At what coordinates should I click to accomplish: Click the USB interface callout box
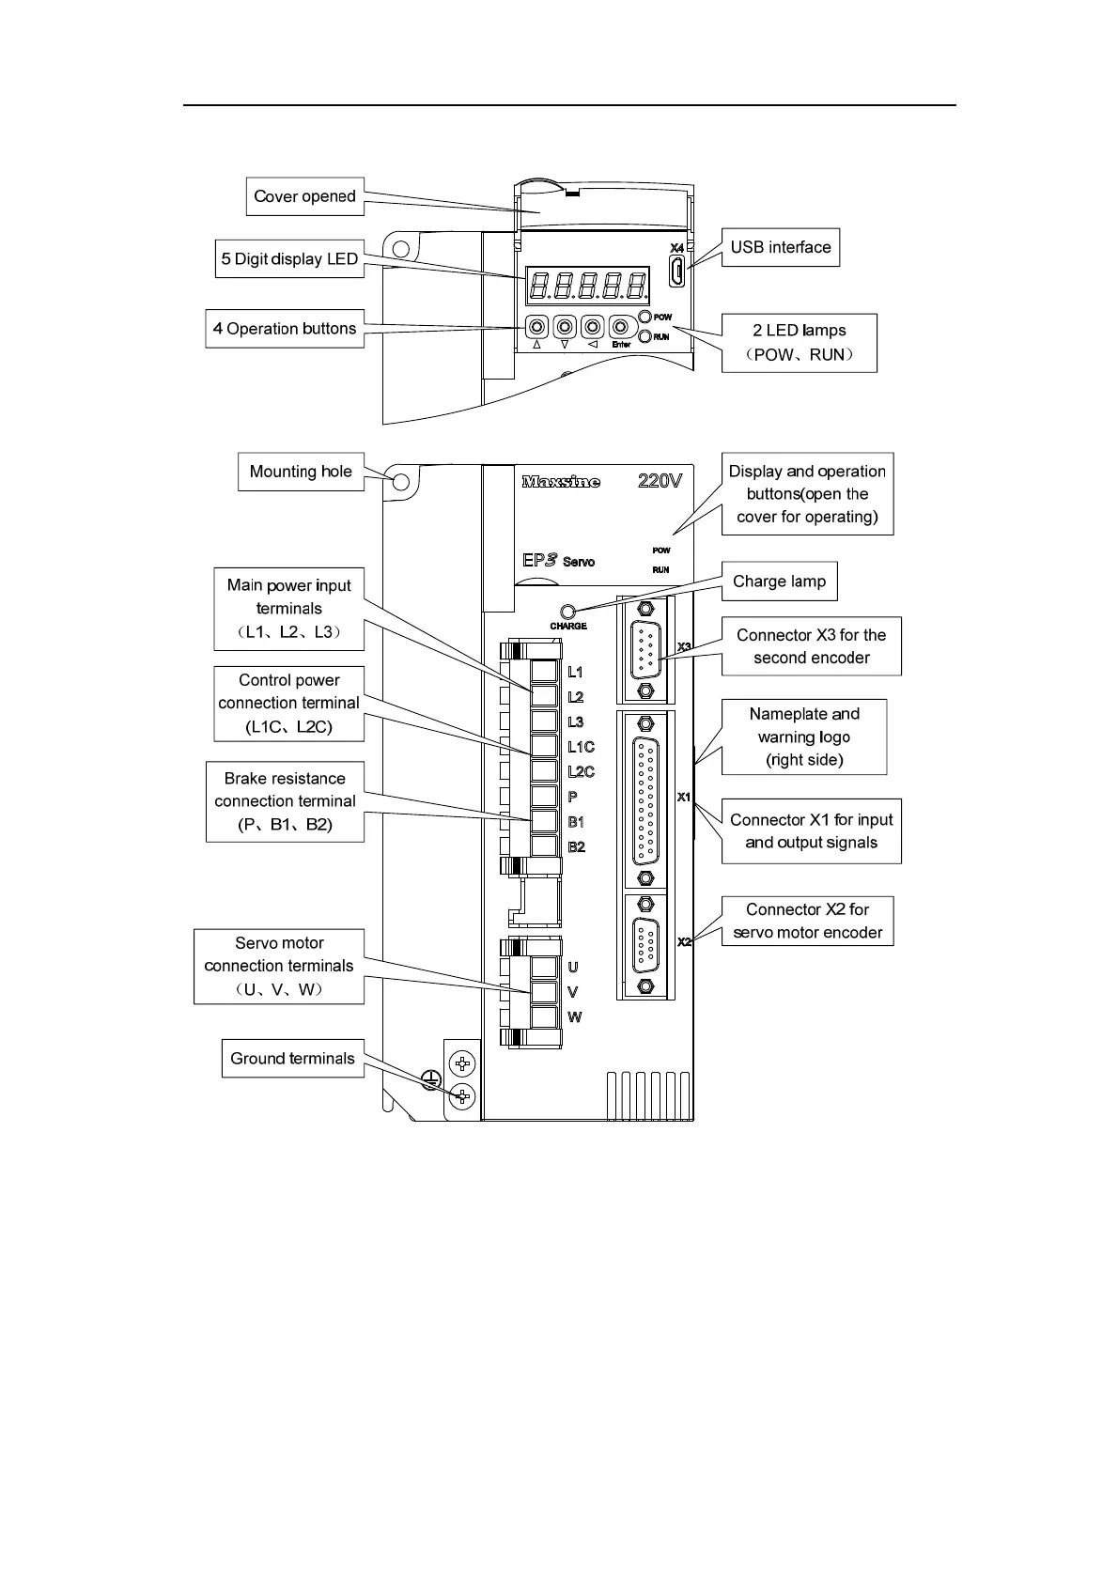tap(780, 248)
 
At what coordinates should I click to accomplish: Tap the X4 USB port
tap(676, 271)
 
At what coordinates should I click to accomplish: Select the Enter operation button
tap(620, 327)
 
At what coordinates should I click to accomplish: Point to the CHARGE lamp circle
tap(567, 612)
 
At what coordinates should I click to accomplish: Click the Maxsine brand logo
tap(561, 482)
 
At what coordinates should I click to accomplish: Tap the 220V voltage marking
tap(660, 481)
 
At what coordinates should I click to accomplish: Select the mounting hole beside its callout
tap(400, 482)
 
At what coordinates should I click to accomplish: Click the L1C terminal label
tap(581, 747)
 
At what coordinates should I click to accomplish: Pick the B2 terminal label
tap(576, 847)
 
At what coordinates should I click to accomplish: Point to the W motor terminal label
tap(574, 1017)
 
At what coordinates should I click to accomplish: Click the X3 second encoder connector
tap(644, 648)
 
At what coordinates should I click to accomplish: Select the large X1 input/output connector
tap(644, 799)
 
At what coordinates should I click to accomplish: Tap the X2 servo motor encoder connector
tap(644, 944)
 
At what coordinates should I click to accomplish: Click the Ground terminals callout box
tap(292, 1059)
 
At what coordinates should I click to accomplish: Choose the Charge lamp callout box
tap(779, 582)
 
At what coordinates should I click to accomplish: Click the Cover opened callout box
tap(304, 196)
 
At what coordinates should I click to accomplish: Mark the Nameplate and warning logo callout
tap(803, 737)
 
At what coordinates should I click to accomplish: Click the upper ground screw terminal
tap(461, 1064)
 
